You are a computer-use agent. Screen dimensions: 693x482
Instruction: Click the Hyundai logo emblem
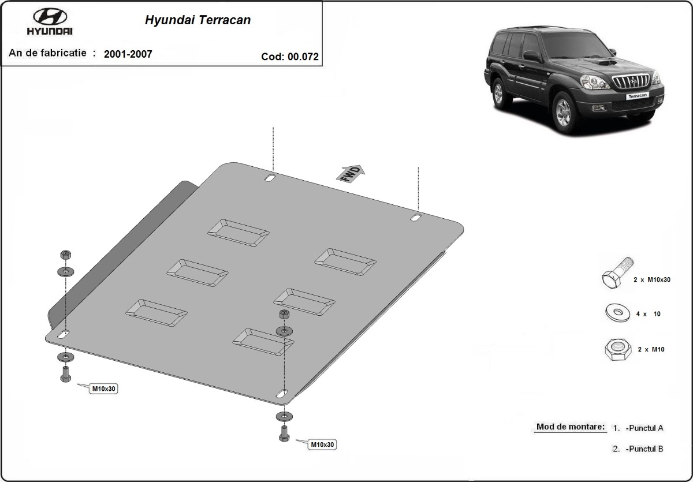(50, 16)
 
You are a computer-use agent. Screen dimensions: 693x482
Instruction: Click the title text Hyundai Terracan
(198, 20)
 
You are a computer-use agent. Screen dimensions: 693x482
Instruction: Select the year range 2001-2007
(128, 54)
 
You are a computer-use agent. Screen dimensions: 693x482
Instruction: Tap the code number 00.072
(303, 57)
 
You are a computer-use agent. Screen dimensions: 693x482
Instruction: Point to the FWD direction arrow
(351, 174)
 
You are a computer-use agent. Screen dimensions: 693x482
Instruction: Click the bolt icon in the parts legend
(617, 273)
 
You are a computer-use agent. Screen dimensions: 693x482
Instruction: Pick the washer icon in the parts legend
(617, 313)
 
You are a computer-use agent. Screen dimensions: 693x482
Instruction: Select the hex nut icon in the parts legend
(618, 349)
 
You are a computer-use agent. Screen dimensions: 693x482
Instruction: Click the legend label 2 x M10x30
(652, 280)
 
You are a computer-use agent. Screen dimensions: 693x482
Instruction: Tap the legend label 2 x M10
(651, 349)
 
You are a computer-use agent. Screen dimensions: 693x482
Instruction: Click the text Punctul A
(644, 428)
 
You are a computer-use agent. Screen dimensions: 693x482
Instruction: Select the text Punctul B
(644, 449)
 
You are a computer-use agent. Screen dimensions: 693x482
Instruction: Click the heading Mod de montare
(571, 427)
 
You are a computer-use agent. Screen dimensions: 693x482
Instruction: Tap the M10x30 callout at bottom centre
(322, 444)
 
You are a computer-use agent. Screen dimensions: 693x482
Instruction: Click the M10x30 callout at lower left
(103, 388)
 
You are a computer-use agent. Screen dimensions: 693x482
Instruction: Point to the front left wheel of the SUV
(564, 113)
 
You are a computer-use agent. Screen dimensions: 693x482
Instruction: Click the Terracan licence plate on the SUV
(638, 96)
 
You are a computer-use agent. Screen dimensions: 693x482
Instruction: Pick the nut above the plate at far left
(66, 255)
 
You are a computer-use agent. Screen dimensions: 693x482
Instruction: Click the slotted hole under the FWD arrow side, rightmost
(416, 218)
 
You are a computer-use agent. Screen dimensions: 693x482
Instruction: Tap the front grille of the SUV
(631, 81)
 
